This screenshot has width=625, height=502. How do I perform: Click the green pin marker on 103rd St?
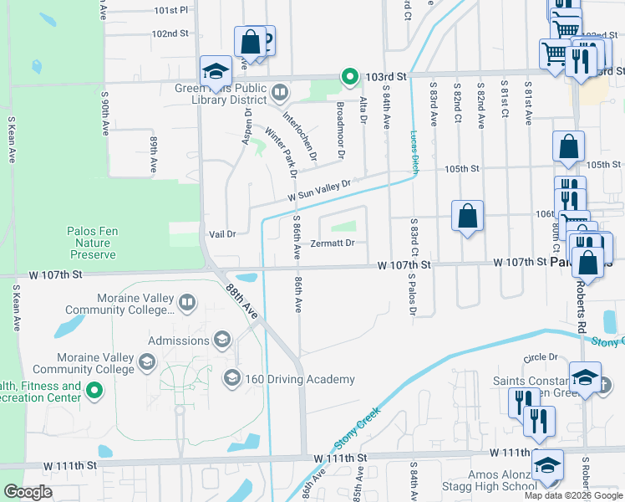click(350, 77)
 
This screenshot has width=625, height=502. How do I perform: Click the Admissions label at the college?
click(179, 341)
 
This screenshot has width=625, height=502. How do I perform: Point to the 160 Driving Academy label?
click(300, 380)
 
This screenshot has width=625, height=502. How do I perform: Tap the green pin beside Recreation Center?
click(94, 390)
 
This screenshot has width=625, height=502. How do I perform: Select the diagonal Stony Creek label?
click(357, 425)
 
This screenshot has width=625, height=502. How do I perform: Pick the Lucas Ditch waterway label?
click(414, 151)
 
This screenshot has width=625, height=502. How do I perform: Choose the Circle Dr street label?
click(541, 357)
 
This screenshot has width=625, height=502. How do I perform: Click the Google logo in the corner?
click(28, 492)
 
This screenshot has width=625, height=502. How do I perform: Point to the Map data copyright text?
click(573, 495)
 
